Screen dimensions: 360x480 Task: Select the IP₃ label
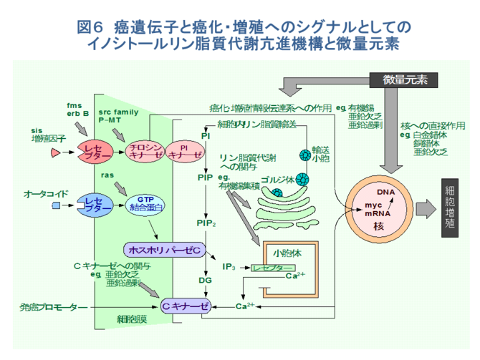point(229,267)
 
